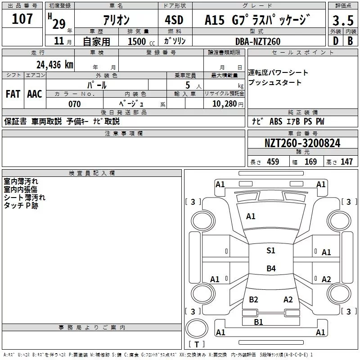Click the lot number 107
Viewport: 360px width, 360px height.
(x=22, y=19)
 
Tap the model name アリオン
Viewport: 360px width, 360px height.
(x=117, y=20)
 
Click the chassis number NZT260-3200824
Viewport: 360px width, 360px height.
(x=302, y=144)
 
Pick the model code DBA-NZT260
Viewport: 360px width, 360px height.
(x=258, y=41)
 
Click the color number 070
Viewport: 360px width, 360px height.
(x=74, y=104)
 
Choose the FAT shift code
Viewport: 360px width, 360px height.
(x=13, y=94)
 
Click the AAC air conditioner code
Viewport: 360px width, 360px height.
(x=35, y=94)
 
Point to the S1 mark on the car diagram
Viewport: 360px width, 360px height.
(x=270, y=251)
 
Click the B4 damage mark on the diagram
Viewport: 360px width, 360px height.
(x=270, y=269)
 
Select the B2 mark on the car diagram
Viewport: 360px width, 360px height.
(x=253, y=300)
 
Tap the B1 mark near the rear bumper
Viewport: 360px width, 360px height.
(x=258, y=322)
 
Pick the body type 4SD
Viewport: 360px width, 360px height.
(x=175, y=20)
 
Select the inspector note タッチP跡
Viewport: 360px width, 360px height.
(x=21, y=205)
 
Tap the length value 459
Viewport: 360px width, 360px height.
(x=273, y=162)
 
